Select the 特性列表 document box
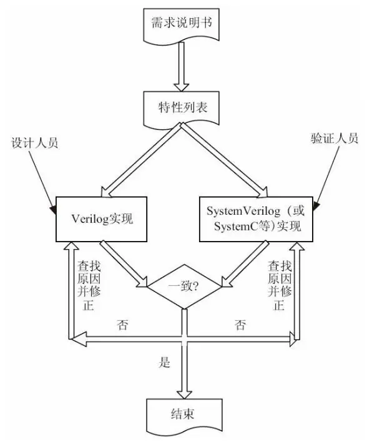click(x=181, y=107)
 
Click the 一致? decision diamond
click(x=183, y=287)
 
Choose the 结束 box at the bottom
click(x=182, y=415)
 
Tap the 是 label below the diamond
click(x=165, y=363)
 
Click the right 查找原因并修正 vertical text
click(x=278, y=285)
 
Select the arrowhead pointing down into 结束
click(x=182, y=393)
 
